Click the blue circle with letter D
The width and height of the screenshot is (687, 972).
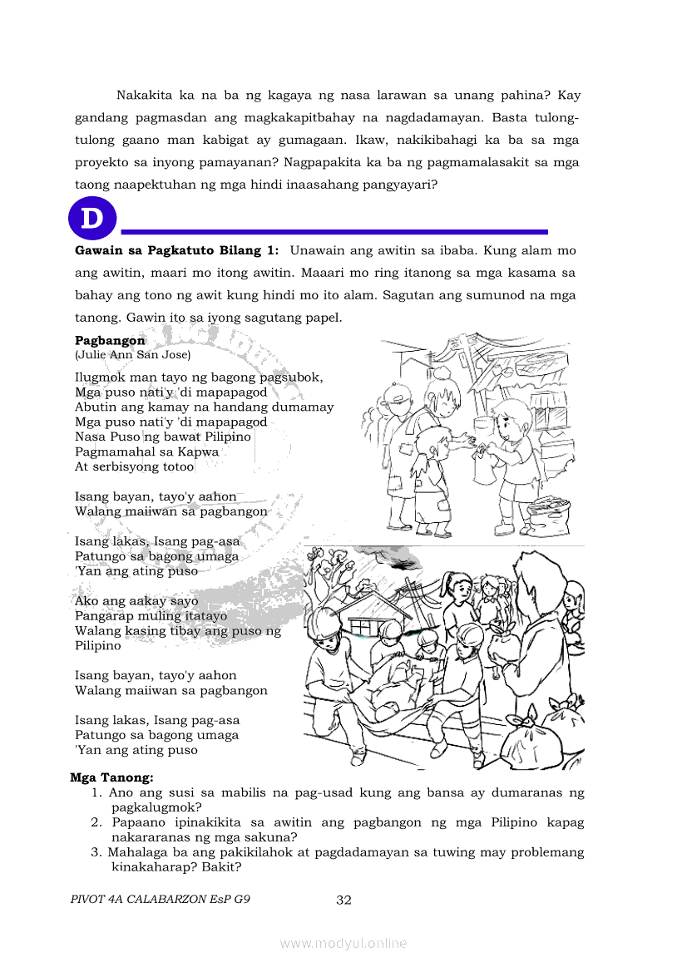point(92,219)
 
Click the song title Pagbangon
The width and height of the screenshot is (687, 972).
point(110,341)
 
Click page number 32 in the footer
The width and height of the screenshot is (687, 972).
point(344,900)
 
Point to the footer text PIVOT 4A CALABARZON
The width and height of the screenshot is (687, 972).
point(146,900)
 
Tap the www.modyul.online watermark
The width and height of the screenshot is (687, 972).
point(343,943)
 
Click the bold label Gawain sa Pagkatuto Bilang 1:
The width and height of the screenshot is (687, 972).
point(177,250)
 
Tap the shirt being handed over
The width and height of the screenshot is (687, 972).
point(483,466)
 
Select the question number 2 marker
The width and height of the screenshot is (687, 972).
point(96,822)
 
